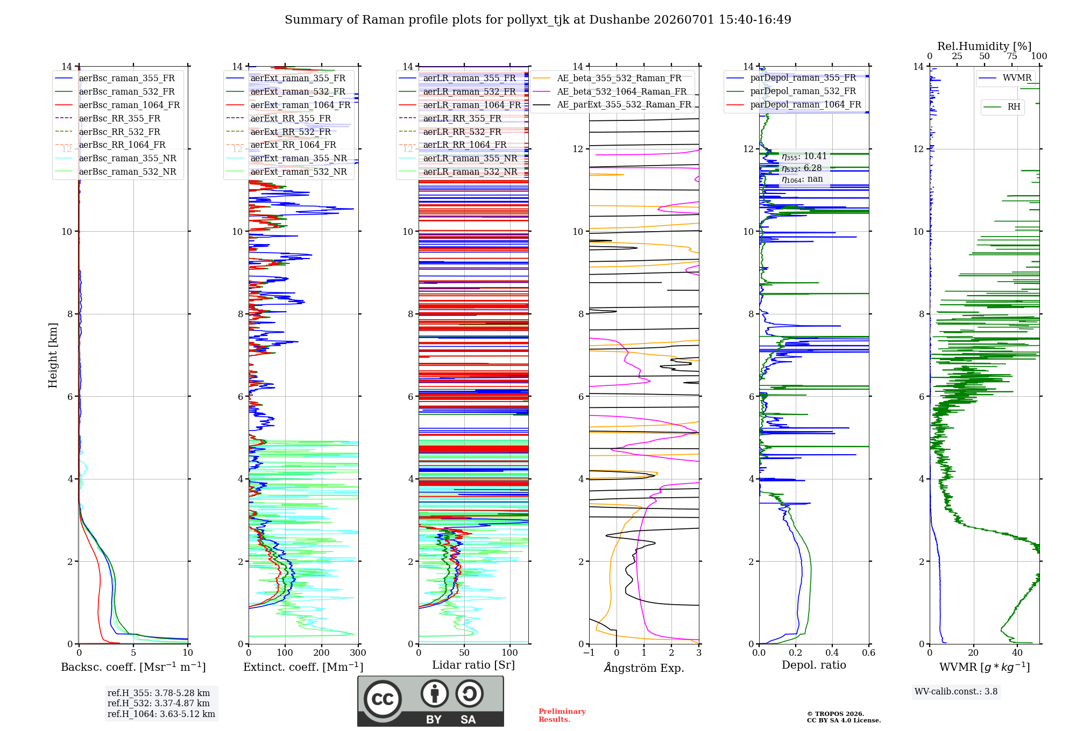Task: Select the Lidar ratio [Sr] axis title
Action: (473, 665)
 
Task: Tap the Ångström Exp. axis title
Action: (644, 668)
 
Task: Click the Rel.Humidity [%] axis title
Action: (985, 46)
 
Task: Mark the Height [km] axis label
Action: (53, 355)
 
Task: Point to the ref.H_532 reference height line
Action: (159, 703)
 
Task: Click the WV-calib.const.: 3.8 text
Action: (956, 692)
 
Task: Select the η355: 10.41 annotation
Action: (804, 156)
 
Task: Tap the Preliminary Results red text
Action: (562, 715)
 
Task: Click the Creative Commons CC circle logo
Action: (383, 699)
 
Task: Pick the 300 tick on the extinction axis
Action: (358, 653)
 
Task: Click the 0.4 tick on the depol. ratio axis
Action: (832, 653)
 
